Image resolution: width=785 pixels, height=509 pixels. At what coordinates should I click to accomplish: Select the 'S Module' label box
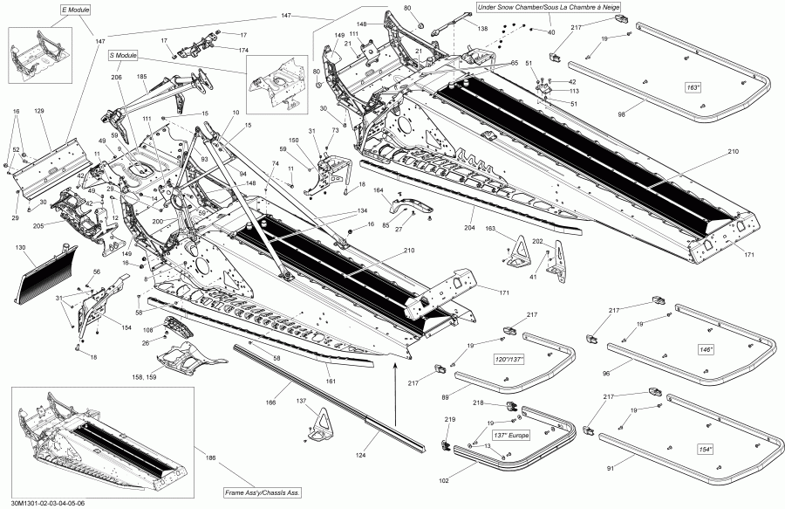(123, 55)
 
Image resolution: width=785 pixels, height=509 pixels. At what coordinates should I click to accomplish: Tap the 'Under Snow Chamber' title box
(541, 8)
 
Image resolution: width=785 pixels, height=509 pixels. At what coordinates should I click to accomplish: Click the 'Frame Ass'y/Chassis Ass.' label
(263, 493)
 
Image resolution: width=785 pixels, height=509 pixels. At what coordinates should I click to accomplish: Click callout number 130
(21, 249)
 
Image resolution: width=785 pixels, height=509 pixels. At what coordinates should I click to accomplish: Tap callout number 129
(38, 112)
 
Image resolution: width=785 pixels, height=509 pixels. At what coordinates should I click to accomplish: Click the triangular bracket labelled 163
(521, 251)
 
